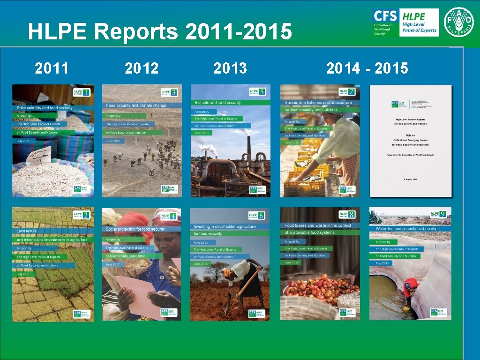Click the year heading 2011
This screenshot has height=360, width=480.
click(52, 68)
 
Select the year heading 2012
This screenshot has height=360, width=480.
click(141, 68)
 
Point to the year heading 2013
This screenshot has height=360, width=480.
click(230, 68)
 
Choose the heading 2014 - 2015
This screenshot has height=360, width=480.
click(367, 68)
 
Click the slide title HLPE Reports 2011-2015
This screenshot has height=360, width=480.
click(160, 32)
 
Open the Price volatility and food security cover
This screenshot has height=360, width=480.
click(53, 141)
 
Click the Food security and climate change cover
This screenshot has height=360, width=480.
click(142, 141)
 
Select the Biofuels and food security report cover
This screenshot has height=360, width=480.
click(230, 141)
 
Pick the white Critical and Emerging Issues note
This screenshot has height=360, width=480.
click(411, 141)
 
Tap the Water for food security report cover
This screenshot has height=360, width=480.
click(410, 263)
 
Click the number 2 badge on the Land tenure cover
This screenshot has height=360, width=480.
click(86, 215)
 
